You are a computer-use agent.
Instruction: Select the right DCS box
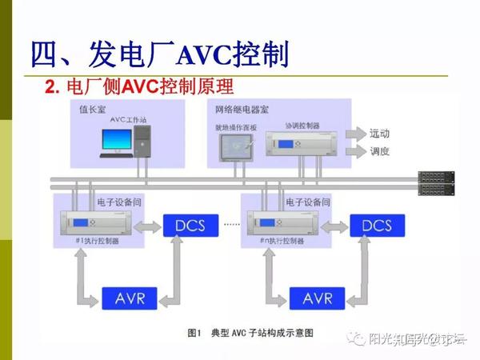click(x=376, y=226)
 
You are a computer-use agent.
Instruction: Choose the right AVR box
click(x=318, y=298)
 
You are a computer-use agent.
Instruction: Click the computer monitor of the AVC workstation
click(x=118, y=142)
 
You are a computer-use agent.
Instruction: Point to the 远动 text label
click(x=380, y=133)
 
